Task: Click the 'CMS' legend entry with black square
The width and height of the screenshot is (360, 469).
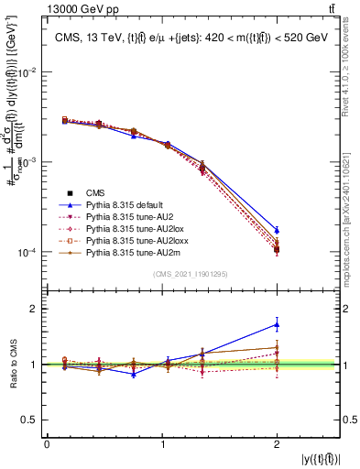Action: pyautogui.click(x=96, y=192)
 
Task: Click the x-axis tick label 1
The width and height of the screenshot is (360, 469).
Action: pyautogui.click(x=162, y=444)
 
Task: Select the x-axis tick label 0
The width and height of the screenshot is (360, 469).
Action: pyautogui.click(x=47, y=444)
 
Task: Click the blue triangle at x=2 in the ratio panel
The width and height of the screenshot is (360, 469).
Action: pyautogui.click(x=278, y=324)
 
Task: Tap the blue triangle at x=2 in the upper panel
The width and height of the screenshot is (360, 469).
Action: pyautogui.click(x=278, y=231)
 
